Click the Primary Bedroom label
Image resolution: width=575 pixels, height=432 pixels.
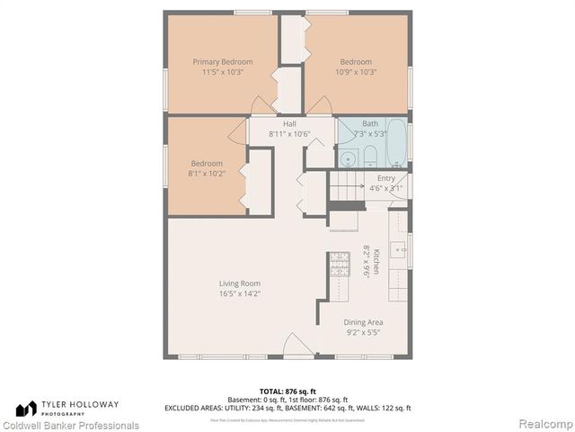click(222, 62)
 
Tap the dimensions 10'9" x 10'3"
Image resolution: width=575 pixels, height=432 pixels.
click(356, 72)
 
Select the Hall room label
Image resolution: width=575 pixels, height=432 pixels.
click(289, 123)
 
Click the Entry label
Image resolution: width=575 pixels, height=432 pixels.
click(385, 178)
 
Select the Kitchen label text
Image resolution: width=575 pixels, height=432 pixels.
click(376, 262)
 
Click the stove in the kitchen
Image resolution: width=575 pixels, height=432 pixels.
click(339, 264)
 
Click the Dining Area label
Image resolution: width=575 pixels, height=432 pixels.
click(363, 322)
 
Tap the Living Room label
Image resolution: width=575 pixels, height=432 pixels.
click(239, 283)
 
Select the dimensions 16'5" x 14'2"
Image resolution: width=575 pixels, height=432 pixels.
click(239, 293)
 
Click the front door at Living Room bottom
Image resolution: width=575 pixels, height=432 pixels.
click(298, 346)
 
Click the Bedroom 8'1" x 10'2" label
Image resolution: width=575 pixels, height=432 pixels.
click(205, 163)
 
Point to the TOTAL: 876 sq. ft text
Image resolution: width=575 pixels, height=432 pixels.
click(287, 390)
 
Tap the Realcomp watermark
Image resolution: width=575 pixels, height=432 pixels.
click(547, 424)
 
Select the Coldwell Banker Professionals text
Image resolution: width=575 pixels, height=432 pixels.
click(70, 425)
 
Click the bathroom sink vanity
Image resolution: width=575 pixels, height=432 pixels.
click(349, 158)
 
